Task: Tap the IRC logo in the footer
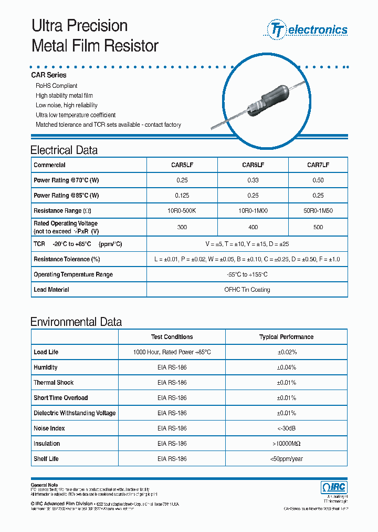[x=334, y=487]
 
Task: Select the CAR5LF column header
[x=182, y=165]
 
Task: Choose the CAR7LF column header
[x=318, y=165]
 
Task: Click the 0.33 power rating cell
[x=253, y=180]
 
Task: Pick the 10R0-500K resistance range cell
[x=182, y=211]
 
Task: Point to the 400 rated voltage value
[x=253, y=227]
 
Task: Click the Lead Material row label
[x=51, y=290]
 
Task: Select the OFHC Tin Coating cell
[x=247, y=290]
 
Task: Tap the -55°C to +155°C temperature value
[x=247, y=274]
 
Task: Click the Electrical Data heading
[x=64, y=150]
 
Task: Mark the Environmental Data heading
[x=76, y=322]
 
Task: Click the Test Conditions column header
[x=172, y=337]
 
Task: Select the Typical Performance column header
[x=286, y=337]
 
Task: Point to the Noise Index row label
[x=50, y=428]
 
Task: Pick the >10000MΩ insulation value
[x=286, y=444]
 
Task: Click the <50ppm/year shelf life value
[x=286, y=459]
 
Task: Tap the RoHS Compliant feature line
[x=56, y=86]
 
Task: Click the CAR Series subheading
[x=49, y=75]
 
